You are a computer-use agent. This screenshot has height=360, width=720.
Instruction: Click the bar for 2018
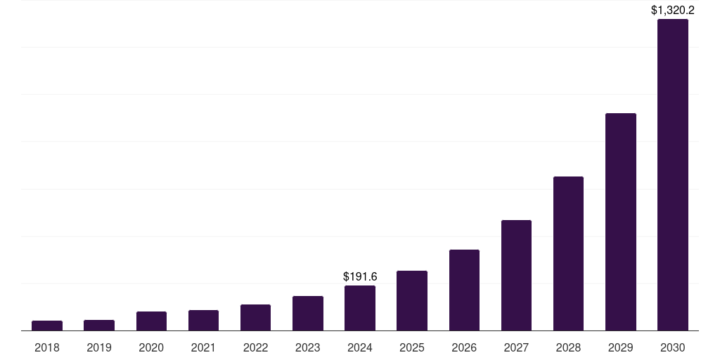[47, 326]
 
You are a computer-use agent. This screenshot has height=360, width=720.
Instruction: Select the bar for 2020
[151, 321]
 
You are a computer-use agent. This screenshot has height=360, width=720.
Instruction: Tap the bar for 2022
[255, 318]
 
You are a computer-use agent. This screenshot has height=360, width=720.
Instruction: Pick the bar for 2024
[360, 308]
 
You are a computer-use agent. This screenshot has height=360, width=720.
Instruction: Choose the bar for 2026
[464, 290]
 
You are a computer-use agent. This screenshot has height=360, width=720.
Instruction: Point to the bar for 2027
[516, 276]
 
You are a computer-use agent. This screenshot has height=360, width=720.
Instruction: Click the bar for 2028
[568, 254]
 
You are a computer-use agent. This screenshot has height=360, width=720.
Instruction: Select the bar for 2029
[620, 222]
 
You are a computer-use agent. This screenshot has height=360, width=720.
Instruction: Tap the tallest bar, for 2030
[673, 175]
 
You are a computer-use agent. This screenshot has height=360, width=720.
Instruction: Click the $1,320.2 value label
[673, 10]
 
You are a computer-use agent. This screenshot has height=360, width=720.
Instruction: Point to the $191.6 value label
[360, 276]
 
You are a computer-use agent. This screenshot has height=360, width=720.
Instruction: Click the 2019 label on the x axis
[99, 347]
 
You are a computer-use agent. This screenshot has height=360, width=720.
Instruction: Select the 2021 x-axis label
[203, 347]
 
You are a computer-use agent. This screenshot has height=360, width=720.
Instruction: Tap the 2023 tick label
[308, 347]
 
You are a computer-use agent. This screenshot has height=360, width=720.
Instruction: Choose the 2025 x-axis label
[412, 347]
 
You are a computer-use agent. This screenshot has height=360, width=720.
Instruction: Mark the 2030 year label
[673, 347]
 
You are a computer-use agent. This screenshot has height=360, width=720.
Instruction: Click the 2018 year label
[47, 347]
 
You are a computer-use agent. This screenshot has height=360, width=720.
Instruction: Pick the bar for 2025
[412, 301]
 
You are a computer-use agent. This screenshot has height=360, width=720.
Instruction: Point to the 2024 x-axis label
[360, 347]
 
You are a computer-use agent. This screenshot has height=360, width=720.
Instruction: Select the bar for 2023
[308, 314]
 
